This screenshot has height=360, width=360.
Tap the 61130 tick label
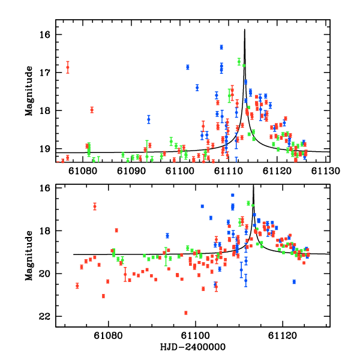pyautogui.click(x=328, y=171)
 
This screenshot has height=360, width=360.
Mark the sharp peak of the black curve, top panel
pyautogui.click(x=245, y=30)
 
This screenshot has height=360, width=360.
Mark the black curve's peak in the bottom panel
pyautogui.click(x=253, y=185)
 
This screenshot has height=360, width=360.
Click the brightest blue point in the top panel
pyautogui.click(x=221, y=47)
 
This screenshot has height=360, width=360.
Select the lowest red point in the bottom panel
pyautogui.click(x=186, y=313)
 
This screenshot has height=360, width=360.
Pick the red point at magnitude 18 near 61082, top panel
pyautogui.click(x=92, y=110)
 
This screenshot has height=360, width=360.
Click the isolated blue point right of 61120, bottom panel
pyautogui.click(x=294, y=281)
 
